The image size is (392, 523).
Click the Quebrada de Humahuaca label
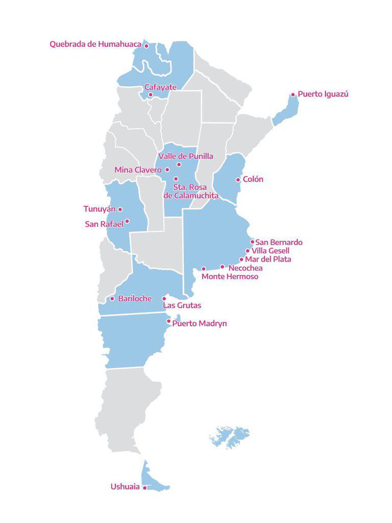coord(95,44)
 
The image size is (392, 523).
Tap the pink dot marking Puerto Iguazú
coord(293,94)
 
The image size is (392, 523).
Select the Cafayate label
coord(160,87)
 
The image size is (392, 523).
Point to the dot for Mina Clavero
coord(167,170)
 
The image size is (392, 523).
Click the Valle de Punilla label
coord(186,156)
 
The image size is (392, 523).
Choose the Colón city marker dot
coord(238,180)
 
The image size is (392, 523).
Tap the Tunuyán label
coord(100,209)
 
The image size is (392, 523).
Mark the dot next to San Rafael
coord(127,221)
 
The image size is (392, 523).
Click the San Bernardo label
coord(279,242)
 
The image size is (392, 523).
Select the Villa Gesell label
coord(271,251)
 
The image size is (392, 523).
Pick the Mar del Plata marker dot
coord(241,259)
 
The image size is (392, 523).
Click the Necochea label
coord(246,268)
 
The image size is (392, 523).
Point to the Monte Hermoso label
coord(230,277)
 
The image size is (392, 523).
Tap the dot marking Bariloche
coord(112,299)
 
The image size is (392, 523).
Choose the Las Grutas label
coord(182,305)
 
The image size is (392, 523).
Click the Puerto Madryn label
coord(200,324)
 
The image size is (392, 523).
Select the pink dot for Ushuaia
coord(144,488)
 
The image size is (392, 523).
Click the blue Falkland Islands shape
coord(230,437)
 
